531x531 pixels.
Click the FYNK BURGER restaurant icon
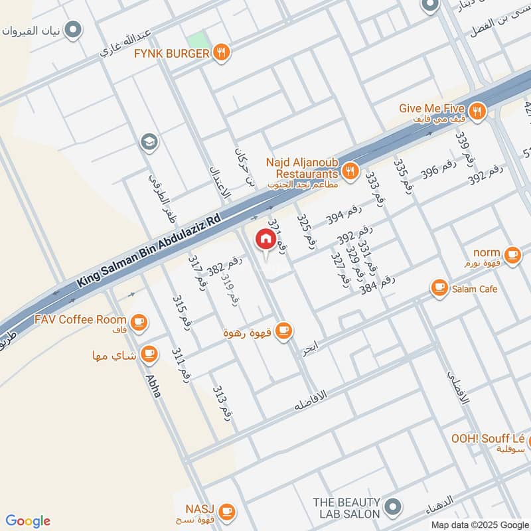coord(222,52)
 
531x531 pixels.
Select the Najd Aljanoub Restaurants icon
coord(351,171)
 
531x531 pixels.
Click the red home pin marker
coord(265,240)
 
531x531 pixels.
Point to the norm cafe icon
coord(512,254)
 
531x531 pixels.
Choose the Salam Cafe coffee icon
coord(439,288)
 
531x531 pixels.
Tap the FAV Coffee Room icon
coord(138,323)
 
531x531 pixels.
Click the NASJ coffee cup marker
coord(226,510)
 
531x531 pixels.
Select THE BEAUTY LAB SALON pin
coord(392,508)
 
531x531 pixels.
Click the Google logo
coord(28,521)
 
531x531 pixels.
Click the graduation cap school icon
coord(149,141)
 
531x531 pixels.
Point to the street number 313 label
coord(222,402)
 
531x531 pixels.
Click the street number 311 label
coord(181,364)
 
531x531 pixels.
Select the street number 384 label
coord(377,283)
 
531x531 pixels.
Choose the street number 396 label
coord(438,173)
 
